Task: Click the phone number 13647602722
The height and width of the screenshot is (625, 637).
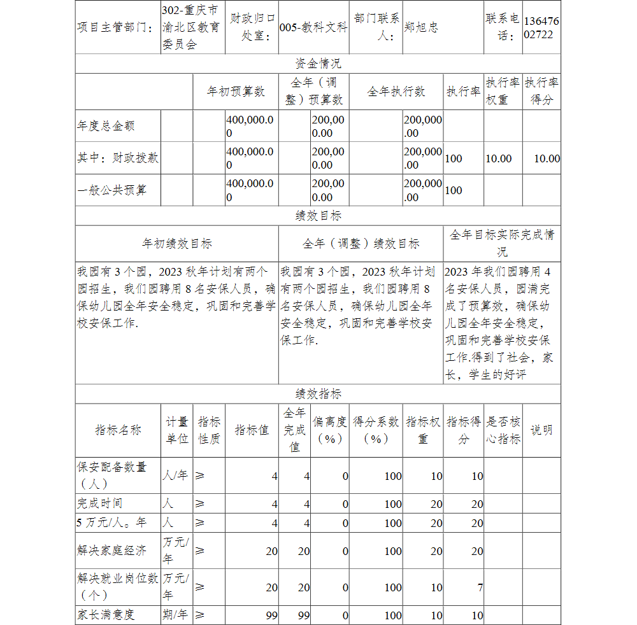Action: pyautogui.click(x=541, y=28)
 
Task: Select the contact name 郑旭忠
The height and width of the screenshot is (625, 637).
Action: pyautogui.click(x=421, y=28)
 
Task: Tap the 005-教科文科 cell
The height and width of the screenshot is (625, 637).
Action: pyautogui.click(x=313, y=28)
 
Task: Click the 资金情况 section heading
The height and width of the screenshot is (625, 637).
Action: pyautogui.click(x=318, y=64)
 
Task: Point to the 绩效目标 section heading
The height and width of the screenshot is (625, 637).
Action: pyautogui.click(x=318, y=216)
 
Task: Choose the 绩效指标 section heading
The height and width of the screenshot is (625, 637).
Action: pyautogui.click(x=318, y=394)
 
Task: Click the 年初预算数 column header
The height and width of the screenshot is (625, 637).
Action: pyautogui.click(x=236, y=92)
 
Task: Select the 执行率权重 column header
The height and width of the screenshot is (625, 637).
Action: pyautogui.click(x=503, y=92)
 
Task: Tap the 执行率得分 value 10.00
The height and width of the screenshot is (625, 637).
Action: pyautogui.click(x=547, y=158)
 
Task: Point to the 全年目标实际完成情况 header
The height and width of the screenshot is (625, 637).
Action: pyautogui.click(x=502, y=242)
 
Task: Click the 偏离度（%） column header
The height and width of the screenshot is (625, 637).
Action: pyautogui.click(x=330, y=430)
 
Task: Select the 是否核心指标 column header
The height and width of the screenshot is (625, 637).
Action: pyautogui.click(x=503, y=430)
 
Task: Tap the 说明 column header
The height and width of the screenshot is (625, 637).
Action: pyautogui.click(x=541, y=430)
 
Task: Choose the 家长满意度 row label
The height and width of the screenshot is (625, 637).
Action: pyautogui.click(x=106, y=615)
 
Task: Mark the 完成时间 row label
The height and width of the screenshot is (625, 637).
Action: pyautogui.click(x=100, y=503)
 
